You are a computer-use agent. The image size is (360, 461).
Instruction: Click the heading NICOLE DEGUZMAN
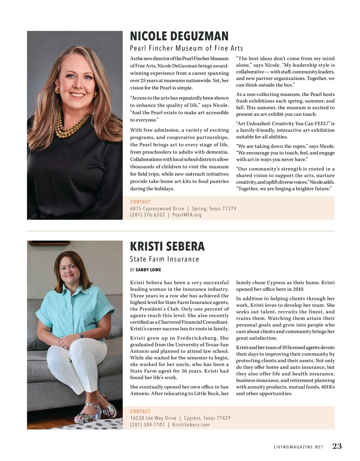179,36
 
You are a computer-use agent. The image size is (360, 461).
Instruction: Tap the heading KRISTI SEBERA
167,246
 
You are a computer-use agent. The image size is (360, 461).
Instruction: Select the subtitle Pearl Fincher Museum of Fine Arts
186,48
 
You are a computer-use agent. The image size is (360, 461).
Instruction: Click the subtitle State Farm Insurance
164,259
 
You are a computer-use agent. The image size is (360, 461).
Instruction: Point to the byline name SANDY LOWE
148,270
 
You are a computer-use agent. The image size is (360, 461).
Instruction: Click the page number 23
337,446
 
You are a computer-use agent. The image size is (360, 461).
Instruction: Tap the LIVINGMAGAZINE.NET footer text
298,447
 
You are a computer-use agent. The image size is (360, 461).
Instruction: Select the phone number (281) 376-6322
147,215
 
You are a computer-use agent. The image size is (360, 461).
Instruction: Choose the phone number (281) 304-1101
147,425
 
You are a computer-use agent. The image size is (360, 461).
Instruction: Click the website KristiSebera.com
191,425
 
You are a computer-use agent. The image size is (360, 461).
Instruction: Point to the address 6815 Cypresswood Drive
157,209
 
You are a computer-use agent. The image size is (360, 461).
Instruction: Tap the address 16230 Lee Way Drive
153,418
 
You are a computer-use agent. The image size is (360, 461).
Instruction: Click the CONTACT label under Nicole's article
140,202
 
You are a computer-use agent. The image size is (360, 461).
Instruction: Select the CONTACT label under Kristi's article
140,412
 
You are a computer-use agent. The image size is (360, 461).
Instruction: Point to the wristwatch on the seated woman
81,336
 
